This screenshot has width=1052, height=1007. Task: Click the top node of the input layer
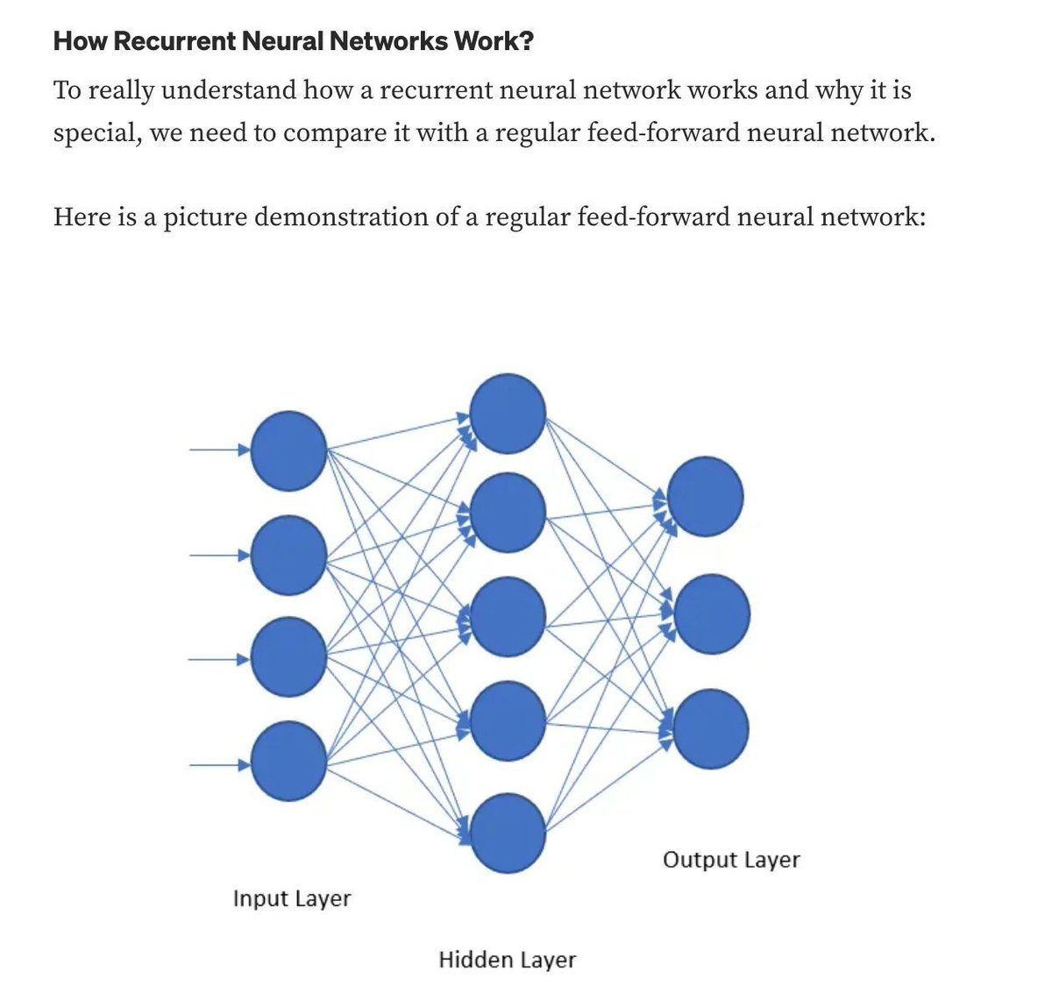point(288,451)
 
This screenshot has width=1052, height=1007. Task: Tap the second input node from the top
point(288,555)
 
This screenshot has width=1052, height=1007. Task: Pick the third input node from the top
point(288,657)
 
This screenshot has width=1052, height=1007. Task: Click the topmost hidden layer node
point(508,414)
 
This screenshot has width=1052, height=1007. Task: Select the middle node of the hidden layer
point(508,617)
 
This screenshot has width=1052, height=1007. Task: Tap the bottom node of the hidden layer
point(508,833)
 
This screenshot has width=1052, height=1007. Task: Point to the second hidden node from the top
point(508,513)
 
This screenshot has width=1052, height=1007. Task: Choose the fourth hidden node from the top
point(508,721)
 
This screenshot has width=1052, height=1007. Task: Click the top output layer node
point(706,496)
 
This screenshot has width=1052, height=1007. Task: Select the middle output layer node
point(711,613)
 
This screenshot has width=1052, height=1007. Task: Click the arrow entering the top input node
point(219,450)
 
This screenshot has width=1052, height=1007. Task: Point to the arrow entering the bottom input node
point(219,765)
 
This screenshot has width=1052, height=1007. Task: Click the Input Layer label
point(291,898)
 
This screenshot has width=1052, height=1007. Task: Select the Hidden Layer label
point(507,960)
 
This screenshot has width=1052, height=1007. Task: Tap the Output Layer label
point(731,860)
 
